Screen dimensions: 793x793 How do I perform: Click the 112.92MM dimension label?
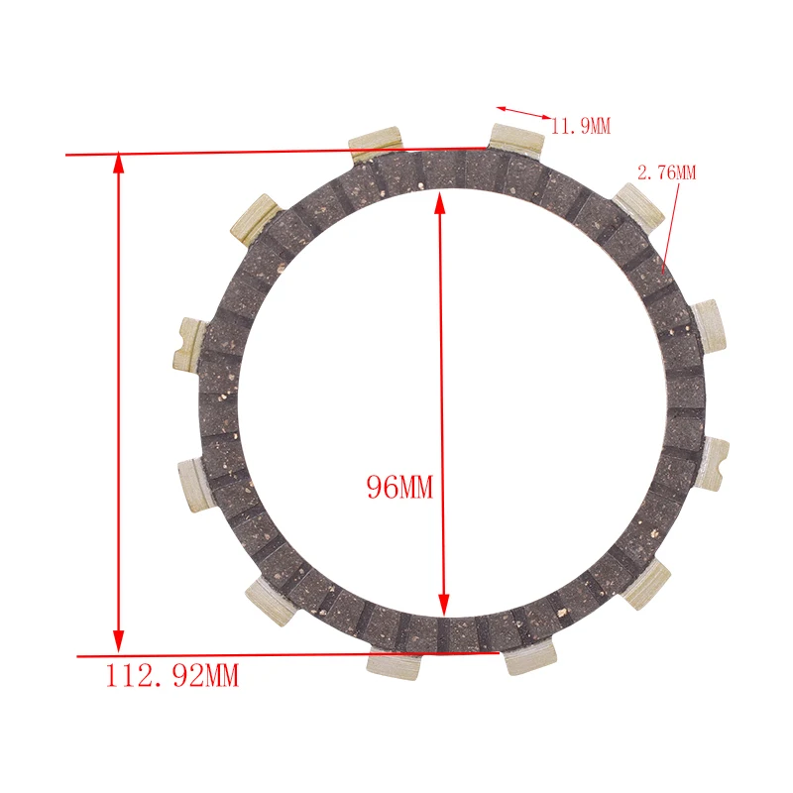click(171, 676)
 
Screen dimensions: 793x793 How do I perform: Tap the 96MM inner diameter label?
click(399, 487)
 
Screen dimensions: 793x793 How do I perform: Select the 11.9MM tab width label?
click(581, 126)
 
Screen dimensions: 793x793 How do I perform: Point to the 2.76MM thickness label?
click(666, 172)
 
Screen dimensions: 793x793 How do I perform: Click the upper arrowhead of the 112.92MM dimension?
click(118, 162)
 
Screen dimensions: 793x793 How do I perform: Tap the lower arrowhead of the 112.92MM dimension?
click(118, 641)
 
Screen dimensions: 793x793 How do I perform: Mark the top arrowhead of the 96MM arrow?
click(440, 202)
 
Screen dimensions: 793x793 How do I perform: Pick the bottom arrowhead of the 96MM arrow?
click(443, 605)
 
